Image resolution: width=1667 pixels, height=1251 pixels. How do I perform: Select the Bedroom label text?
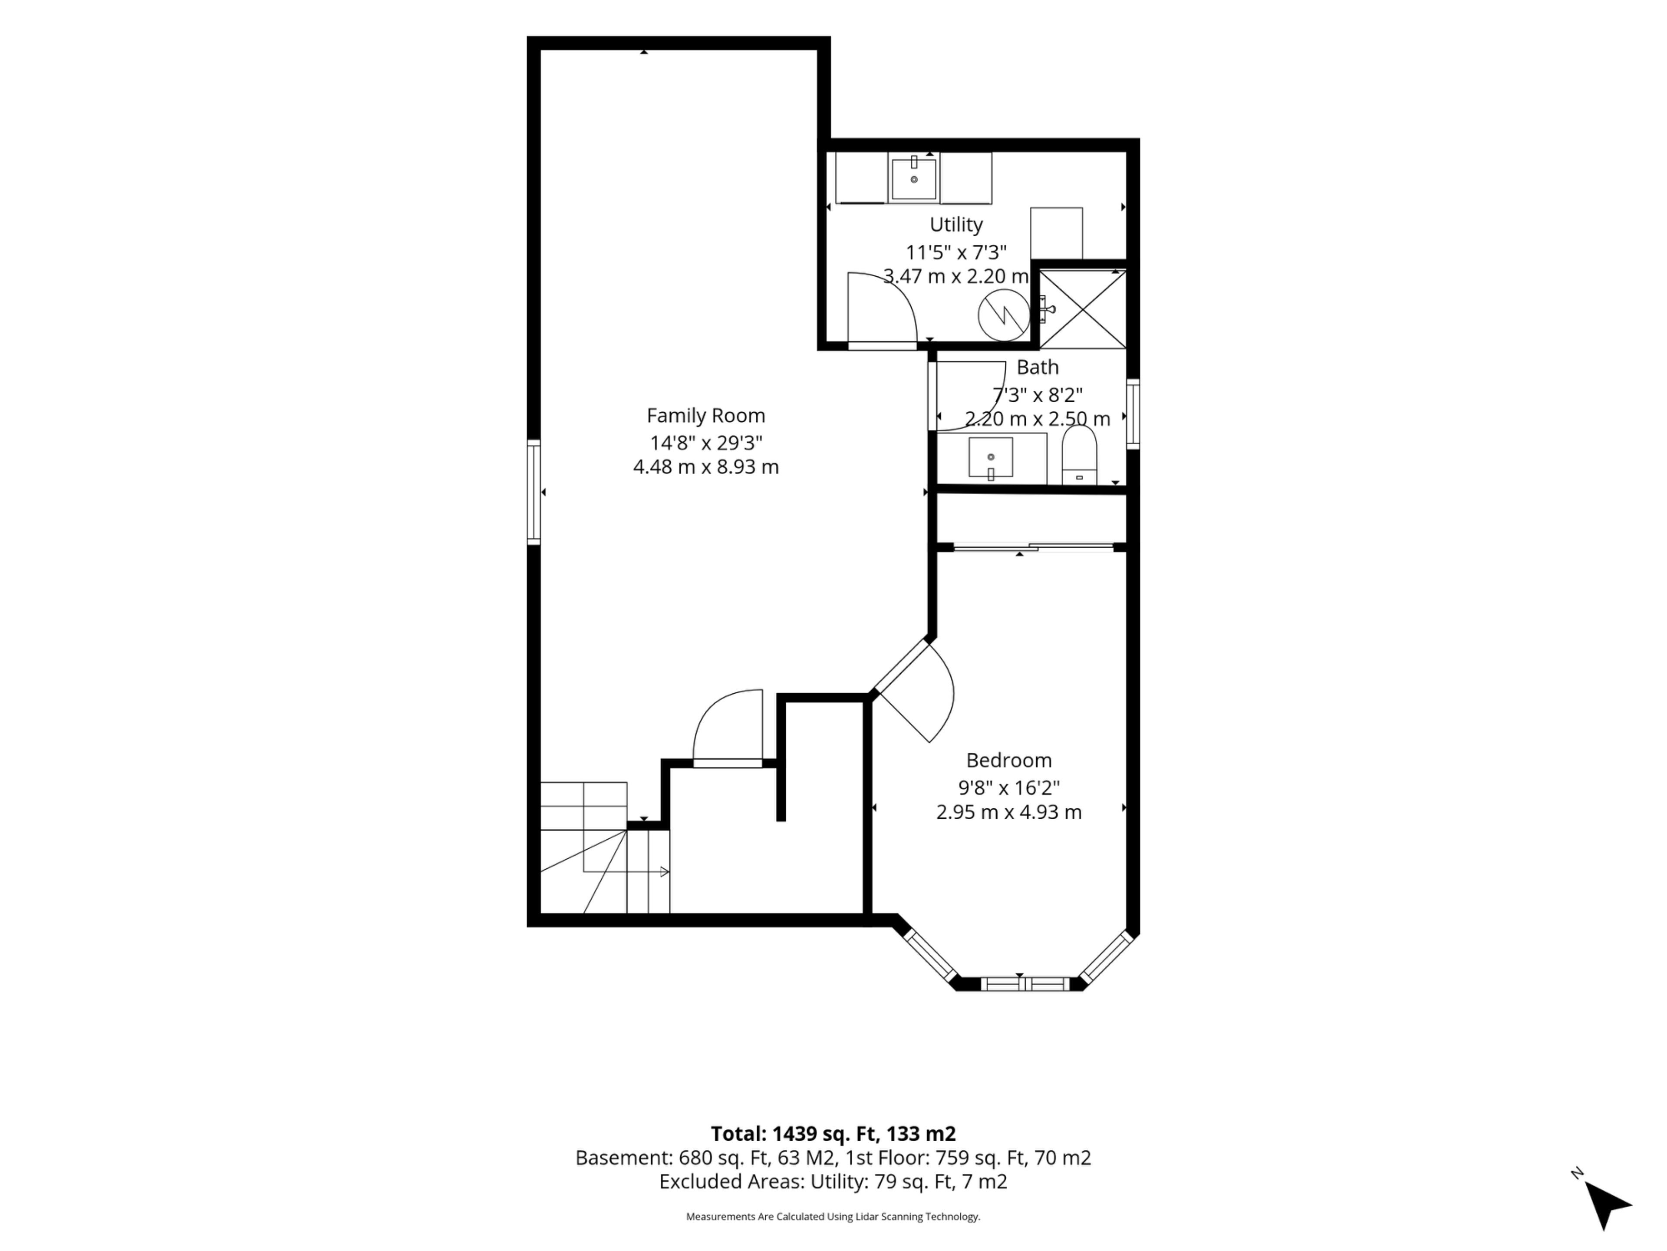point(1008,760)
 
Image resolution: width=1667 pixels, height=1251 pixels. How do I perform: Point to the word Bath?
point(1038,367)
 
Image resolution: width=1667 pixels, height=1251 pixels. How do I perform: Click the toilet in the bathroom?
point(1079,455)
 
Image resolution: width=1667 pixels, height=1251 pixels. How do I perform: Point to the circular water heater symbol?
point(1004,316)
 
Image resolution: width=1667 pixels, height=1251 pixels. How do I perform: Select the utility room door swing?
point(882,309)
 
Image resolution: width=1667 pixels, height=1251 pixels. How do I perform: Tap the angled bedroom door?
point(913,691)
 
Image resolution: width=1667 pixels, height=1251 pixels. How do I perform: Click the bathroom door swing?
point(971,396)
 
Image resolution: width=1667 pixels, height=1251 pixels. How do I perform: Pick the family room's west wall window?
point(534,492)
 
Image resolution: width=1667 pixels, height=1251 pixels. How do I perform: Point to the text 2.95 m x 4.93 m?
point(1008,812)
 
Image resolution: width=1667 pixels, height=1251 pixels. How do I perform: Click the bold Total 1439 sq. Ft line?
point(833,1134)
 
